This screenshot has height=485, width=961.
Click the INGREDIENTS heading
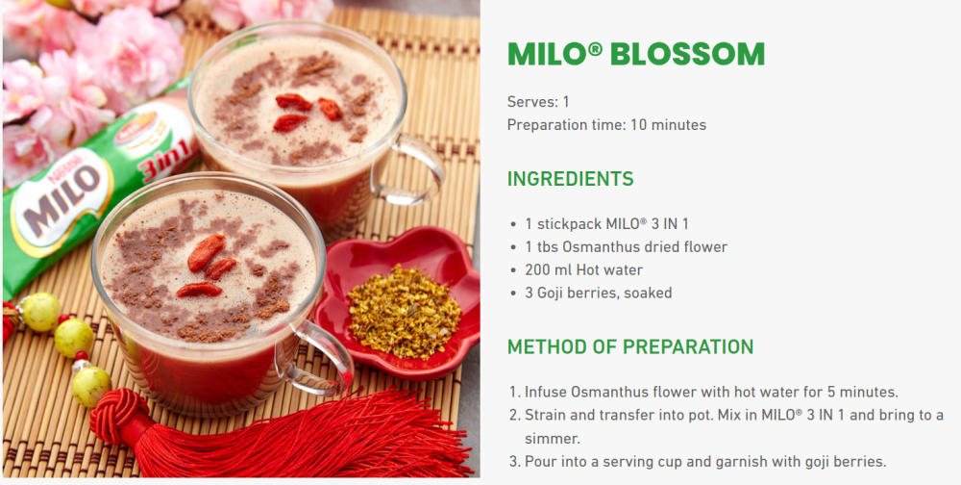pos(570,179)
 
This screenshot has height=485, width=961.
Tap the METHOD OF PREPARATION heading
pos(629,346)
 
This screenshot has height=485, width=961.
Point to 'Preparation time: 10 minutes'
pos(606,125)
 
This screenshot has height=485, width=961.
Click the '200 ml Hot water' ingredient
pos(583,269)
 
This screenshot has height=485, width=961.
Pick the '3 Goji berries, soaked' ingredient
pos(598,293)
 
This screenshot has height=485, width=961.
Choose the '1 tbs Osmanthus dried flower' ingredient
pos(626,246)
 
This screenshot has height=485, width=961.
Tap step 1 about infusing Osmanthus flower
pos(710,392)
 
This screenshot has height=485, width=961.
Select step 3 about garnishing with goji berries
pos(704,461)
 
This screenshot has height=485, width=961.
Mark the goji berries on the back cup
pos(306,111)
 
